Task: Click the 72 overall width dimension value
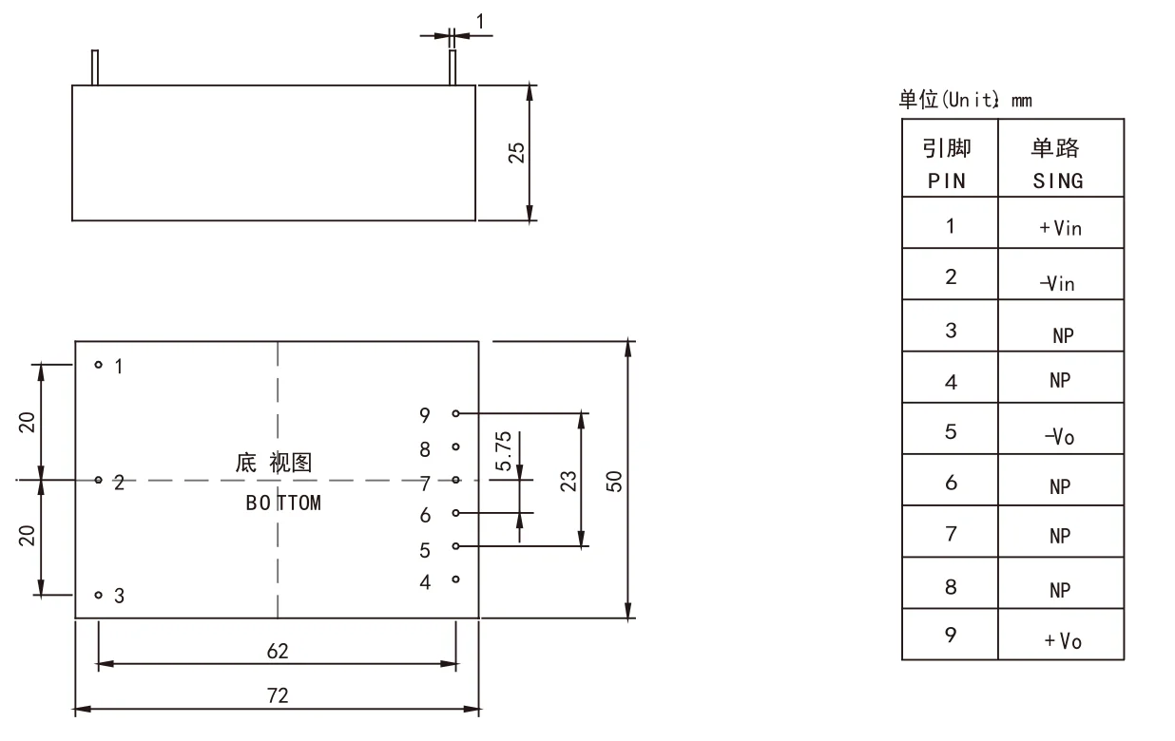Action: point(278,695)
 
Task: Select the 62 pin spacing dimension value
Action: point(278,651)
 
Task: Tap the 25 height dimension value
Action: point(516,153)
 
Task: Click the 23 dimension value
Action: point(568,480)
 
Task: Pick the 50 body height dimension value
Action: point(615,481)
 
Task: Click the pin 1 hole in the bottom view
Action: point(98,365)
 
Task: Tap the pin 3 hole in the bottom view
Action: point(98,595)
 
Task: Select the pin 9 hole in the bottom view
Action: point(456,414)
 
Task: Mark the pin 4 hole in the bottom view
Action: point(456,579)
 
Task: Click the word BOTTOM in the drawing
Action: point(283,503)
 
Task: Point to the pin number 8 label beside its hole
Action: point(425,448)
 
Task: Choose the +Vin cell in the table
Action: point(1061,228)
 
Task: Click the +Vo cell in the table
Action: point(1061,640)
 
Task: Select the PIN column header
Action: point(948,180)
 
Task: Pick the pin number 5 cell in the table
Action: point(950,432)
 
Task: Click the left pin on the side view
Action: point(94,67)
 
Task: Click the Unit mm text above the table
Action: point(965,100)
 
